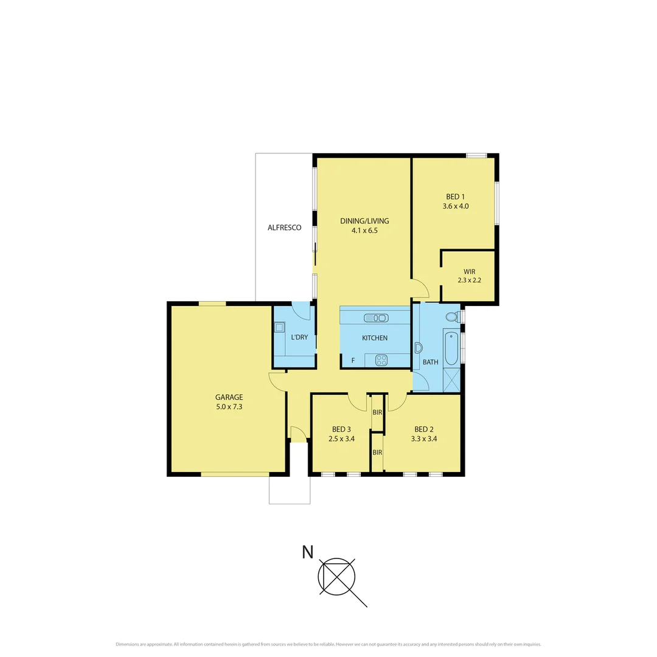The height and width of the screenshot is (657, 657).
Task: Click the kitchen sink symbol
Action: [376, 318]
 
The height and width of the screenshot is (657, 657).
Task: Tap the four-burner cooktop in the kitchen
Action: [381, 360]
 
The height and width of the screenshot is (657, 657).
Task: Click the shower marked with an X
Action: [451, 380]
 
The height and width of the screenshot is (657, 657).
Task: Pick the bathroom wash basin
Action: [418, 348]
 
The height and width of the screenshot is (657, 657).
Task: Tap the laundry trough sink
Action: [279, 327]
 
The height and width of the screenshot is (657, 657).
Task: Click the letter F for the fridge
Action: [353, 361]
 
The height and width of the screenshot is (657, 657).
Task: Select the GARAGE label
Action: [229, 397]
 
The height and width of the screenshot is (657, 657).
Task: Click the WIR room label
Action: [469, 271]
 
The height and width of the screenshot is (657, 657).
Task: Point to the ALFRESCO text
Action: [285, 228]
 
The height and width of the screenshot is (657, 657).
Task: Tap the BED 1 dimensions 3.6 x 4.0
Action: [456, 206]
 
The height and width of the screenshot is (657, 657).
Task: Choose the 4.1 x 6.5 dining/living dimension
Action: [364, 231]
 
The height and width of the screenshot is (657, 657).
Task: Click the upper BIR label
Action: [377, 412]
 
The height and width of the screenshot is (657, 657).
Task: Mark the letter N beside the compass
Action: [308, 552]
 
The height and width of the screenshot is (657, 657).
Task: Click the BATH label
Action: [431, 362]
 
